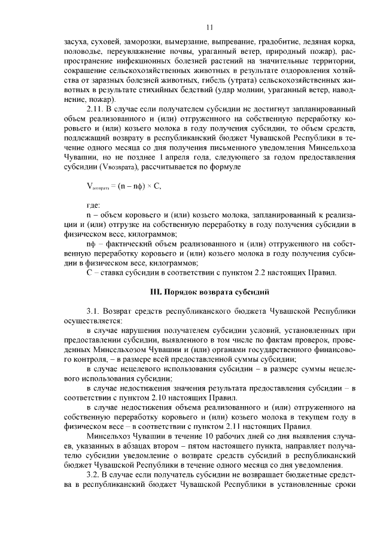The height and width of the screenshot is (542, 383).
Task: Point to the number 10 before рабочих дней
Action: pos(185,437)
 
